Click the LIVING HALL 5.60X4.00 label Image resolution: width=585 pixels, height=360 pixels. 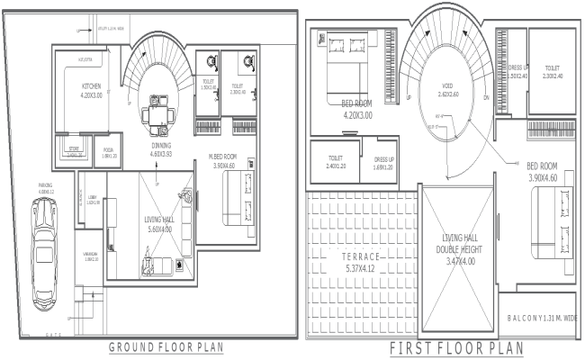coord(146,223)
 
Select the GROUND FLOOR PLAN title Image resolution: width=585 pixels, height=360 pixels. coord(166,346)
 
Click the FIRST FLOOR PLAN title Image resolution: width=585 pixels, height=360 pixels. coord(445,348)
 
